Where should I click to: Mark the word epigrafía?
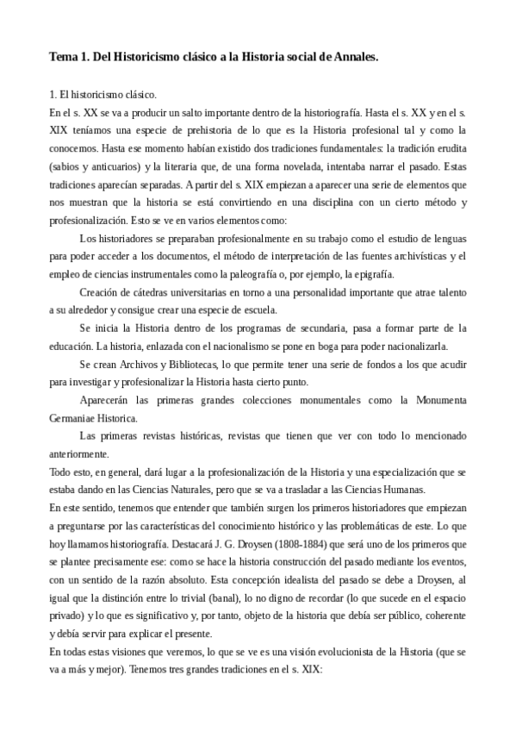pyautogui.click(x=373, y=273)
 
